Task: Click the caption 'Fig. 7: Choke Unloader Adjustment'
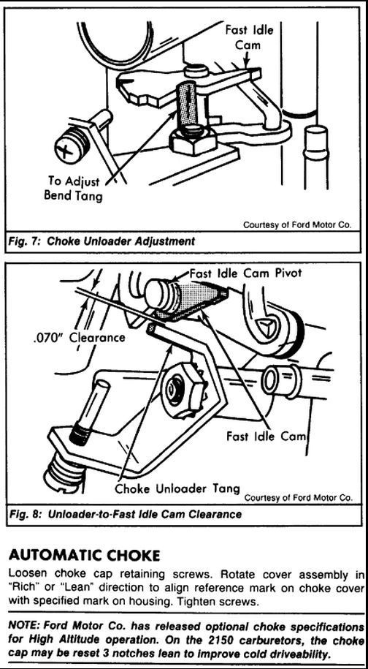[x=102, y=241]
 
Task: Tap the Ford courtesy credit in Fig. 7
[x=297, y=224]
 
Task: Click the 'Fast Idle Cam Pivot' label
[x=245, y=273]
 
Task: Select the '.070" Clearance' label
[x=79, y=338]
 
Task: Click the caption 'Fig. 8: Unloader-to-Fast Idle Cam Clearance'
[x=125, y=514]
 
